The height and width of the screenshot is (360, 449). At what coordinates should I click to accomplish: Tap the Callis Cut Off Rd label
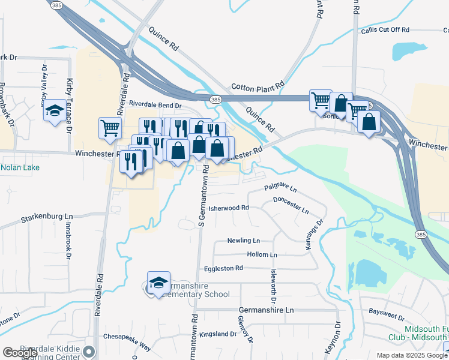pyautogui.click(x=385, y=29)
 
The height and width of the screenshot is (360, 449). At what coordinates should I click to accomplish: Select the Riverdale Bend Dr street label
pyautogui.click(x=155, y=105)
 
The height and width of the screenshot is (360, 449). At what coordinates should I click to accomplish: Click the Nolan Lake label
pyautogui.click(x=20, y=167)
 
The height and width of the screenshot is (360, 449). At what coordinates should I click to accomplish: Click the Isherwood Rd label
pyautogui.click(x=232, y=208)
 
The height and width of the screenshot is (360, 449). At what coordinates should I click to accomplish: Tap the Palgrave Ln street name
pyautogui.click(x=280, y=188)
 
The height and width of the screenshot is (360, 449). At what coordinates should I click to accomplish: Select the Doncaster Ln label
pyautogui.click(x=291, y=206)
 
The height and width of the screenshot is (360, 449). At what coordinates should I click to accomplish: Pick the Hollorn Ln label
pyautogui.click(x=262, y=255)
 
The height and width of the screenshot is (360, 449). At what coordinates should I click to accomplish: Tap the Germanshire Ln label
pyautogui.click(x=266, y=310)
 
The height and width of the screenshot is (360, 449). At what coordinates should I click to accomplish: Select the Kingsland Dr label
pyautogui.click(x=218, y=334)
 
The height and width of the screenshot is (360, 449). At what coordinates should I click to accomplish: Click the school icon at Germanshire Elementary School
pyautogui.click(x=158, y=283)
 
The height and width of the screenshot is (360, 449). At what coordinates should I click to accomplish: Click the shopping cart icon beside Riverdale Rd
pyautogui.click(x=110, y=128)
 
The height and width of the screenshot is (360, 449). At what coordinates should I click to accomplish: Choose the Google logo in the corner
pyautogui.click(x=20, y=353)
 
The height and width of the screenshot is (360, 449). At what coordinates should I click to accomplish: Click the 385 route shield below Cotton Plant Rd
pyautogui.click(x=215, y=98)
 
